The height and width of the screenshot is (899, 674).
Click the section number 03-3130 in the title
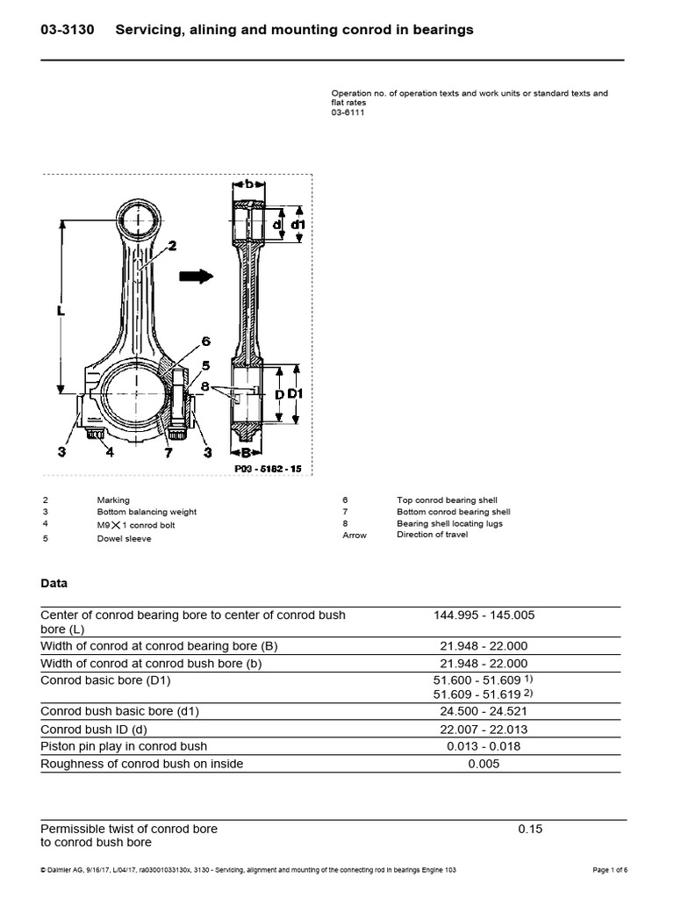pos(69,30)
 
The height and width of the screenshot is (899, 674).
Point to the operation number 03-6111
pos(347,111)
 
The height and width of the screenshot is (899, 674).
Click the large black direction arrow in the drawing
pos(196,277)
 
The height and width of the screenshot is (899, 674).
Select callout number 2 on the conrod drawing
pos(172,247)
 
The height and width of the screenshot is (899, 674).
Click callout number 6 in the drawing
pos(204,341)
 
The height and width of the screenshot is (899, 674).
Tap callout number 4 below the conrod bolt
pos(109,453)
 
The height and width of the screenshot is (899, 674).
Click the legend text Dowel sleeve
pos(124,538)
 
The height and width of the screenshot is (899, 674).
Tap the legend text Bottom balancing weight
pos(147,512)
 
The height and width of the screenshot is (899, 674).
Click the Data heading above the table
pos(55,583)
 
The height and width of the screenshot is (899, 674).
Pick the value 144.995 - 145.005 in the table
pos(484,615)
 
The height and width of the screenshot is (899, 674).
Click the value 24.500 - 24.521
pos(484,711)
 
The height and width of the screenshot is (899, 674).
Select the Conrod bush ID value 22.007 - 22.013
pos(484,729)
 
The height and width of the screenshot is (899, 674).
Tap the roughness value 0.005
pos(484,764)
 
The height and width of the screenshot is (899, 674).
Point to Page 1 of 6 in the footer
pos(610,870)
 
